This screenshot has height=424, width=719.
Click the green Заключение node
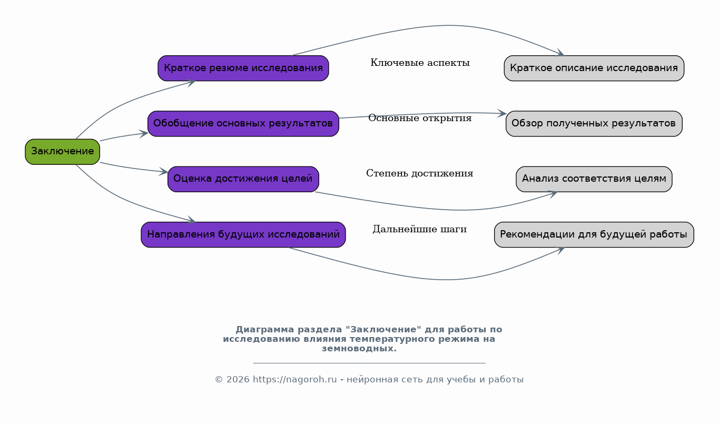pos(63,152)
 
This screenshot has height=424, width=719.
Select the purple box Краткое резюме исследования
pos(243,68)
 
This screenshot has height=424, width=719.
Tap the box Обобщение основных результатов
pos(243,124)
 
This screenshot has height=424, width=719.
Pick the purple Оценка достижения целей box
pos(243,179)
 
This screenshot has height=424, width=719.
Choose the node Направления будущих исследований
pos(243,234)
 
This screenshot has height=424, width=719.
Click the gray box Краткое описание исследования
pos(594,68)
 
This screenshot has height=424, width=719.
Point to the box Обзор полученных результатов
pos(594,124)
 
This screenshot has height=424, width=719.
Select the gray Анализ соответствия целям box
pos(594,179)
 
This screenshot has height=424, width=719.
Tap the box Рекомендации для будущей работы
pos(594,234)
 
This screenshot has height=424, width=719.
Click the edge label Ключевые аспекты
pos(420,63)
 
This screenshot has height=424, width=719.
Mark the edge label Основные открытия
pos(420,118)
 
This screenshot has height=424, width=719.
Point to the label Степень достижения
pos(420,173)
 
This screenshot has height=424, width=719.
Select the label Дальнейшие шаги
pos(420,229)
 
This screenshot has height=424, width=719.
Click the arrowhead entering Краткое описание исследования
pos(561,53)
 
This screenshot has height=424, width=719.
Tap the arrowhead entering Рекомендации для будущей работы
pos(561,250)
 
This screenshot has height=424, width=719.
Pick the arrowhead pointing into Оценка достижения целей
pos(164,171)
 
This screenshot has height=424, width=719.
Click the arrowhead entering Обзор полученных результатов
pos(502,113)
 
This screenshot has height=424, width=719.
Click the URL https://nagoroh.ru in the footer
pos(295,380)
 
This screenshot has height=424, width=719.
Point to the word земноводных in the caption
pos(359,349)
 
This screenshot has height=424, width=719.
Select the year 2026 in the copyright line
pos(238,380)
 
